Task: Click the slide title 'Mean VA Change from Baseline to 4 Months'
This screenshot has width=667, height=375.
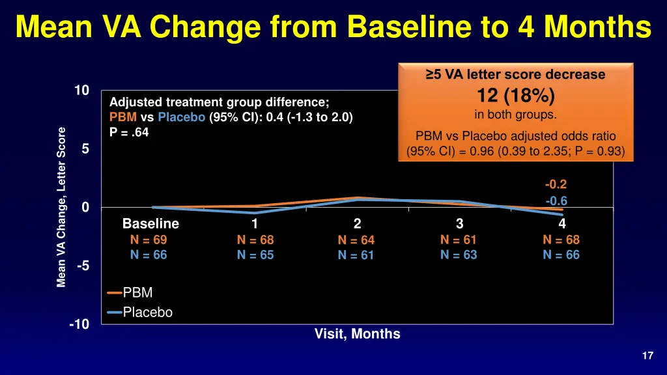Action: [333, 27]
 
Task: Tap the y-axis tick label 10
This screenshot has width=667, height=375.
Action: [81, 91]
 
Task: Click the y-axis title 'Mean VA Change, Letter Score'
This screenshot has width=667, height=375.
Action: [61, 207]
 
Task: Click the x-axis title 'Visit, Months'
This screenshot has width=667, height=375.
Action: [357, 334]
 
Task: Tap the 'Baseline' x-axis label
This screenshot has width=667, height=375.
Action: [150, 224]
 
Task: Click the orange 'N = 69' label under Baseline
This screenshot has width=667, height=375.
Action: [149, 240]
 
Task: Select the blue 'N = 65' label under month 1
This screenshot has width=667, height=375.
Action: [255, 255]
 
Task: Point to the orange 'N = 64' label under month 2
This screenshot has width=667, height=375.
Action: [356, 240]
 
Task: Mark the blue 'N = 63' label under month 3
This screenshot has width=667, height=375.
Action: [459, 255]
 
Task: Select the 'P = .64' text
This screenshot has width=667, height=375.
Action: [129, 132]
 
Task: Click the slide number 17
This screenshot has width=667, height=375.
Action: [647, 355]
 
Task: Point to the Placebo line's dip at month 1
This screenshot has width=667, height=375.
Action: [255, 212]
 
